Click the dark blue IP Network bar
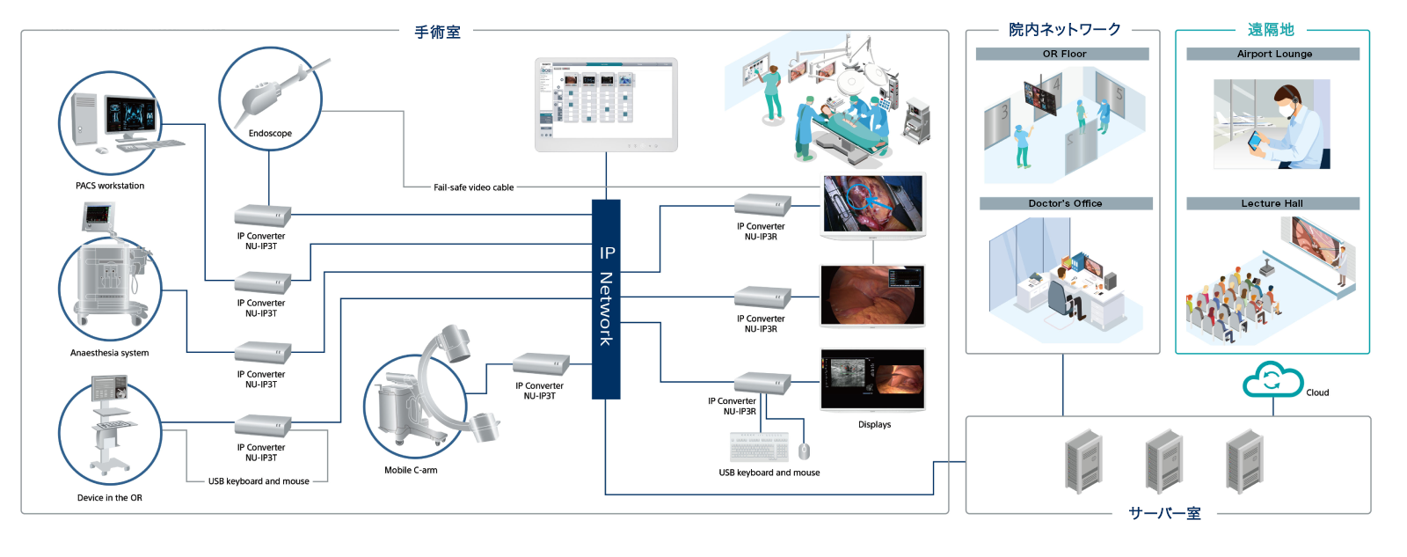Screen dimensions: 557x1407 606,298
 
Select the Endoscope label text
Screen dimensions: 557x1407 270,134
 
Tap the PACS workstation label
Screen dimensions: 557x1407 110,186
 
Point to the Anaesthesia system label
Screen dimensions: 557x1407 109,353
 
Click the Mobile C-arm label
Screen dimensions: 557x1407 411,470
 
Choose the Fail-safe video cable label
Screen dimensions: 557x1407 473,187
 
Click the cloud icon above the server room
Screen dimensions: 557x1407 1272,380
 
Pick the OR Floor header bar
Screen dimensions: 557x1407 1062,54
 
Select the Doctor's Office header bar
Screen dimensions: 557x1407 1065,203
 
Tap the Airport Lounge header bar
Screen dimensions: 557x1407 1272,54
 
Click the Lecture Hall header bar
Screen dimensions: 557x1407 1272,203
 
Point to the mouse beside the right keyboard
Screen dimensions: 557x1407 804,451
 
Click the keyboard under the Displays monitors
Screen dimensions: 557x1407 759,447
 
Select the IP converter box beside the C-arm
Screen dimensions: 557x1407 541,363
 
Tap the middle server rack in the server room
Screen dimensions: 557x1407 1163,460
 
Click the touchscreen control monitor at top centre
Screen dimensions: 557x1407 606,104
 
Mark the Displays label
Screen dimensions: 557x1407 874,424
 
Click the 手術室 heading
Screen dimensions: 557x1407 437,33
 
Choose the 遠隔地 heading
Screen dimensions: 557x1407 1271,30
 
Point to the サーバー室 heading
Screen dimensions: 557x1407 1164,513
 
